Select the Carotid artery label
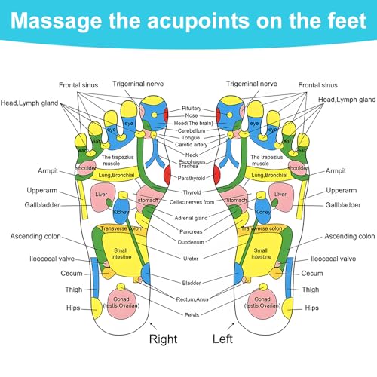190,146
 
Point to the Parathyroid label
190,179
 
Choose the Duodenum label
190,244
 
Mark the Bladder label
190,284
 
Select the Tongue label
190,138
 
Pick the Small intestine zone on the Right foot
120,253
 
